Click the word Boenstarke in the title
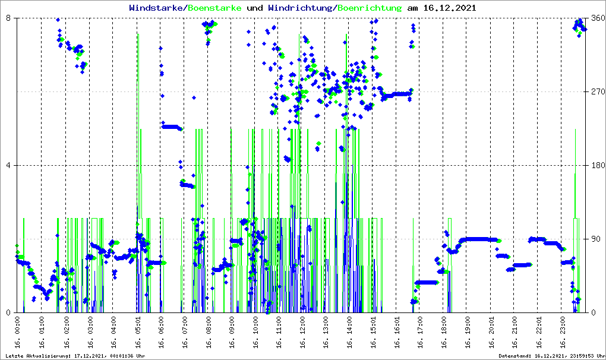[x=215, y=8]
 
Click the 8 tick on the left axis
[x=9, y=18]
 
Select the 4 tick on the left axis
[x=9, y=166]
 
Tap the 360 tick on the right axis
[x=598, y=18]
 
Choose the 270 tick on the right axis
[x=598, y=92]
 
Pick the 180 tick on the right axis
[x=598, y=166]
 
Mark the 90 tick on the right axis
[x=598, y=239]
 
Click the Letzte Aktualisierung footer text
[x=75, y=355]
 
